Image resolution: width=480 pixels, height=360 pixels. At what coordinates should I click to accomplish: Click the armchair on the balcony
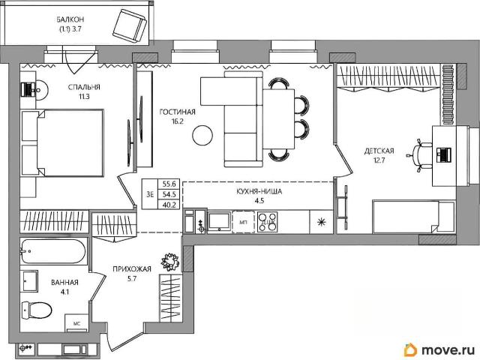pyautogui.click(x=130, y=26)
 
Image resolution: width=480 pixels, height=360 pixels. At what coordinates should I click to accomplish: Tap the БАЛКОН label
pyautogui.click(x=70, y=19)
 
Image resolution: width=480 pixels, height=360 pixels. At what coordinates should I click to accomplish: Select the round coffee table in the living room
pyautogui.click(x=202, y=135)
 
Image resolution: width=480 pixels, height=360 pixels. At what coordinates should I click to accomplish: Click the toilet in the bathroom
pyautogui.click(x=37, y=310)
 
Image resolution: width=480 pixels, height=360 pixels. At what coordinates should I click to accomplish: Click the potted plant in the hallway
pyautogui.click(x=170, y=261)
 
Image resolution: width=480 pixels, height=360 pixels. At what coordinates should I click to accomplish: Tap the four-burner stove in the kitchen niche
pyautogui.click(x=267, y=222)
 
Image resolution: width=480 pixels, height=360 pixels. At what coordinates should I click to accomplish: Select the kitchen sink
pyautogui.click(x=219, y=221)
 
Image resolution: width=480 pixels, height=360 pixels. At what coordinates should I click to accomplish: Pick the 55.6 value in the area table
pyautogui.click(x=169, y=184)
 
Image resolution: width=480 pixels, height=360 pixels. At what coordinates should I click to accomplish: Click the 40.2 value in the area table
pyautogui.click(x=169, y=205)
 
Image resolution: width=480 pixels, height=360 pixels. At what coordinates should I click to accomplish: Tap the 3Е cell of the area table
pyautogui.click(x=150, y=194)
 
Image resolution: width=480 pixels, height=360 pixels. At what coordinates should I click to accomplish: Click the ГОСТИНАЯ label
pyautogui.click(x=177, y=112)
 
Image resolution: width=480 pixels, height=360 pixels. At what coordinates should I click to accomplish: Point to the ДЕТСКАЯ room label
pyautogui.click(x=379, y=151)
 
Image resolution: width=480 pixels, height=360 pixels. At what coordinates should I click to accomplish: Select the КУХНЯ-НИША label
pyautogui.click(x=259, y=192)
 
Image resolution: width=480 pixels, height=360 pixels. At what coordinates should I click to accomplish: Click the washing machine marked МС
pyautogui.click(x=76, y=322)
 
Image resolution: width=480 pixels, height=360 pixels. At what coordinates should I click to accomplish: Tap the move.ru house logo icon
pyautogui.click(x=411, y=349)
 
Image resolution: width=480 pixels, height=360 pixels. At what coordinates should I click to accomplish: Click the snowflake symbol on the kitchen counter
pyautogui.click(x=321, y=222)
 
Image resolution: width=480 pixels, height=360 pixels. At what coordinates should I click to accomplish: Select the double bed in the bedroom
pyautogui.click(x=62, y=143)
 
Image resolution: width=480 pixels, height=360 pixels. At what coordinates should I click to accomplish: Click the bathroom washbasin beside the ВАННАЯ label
pyautogui.click(x=29, y=280)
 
